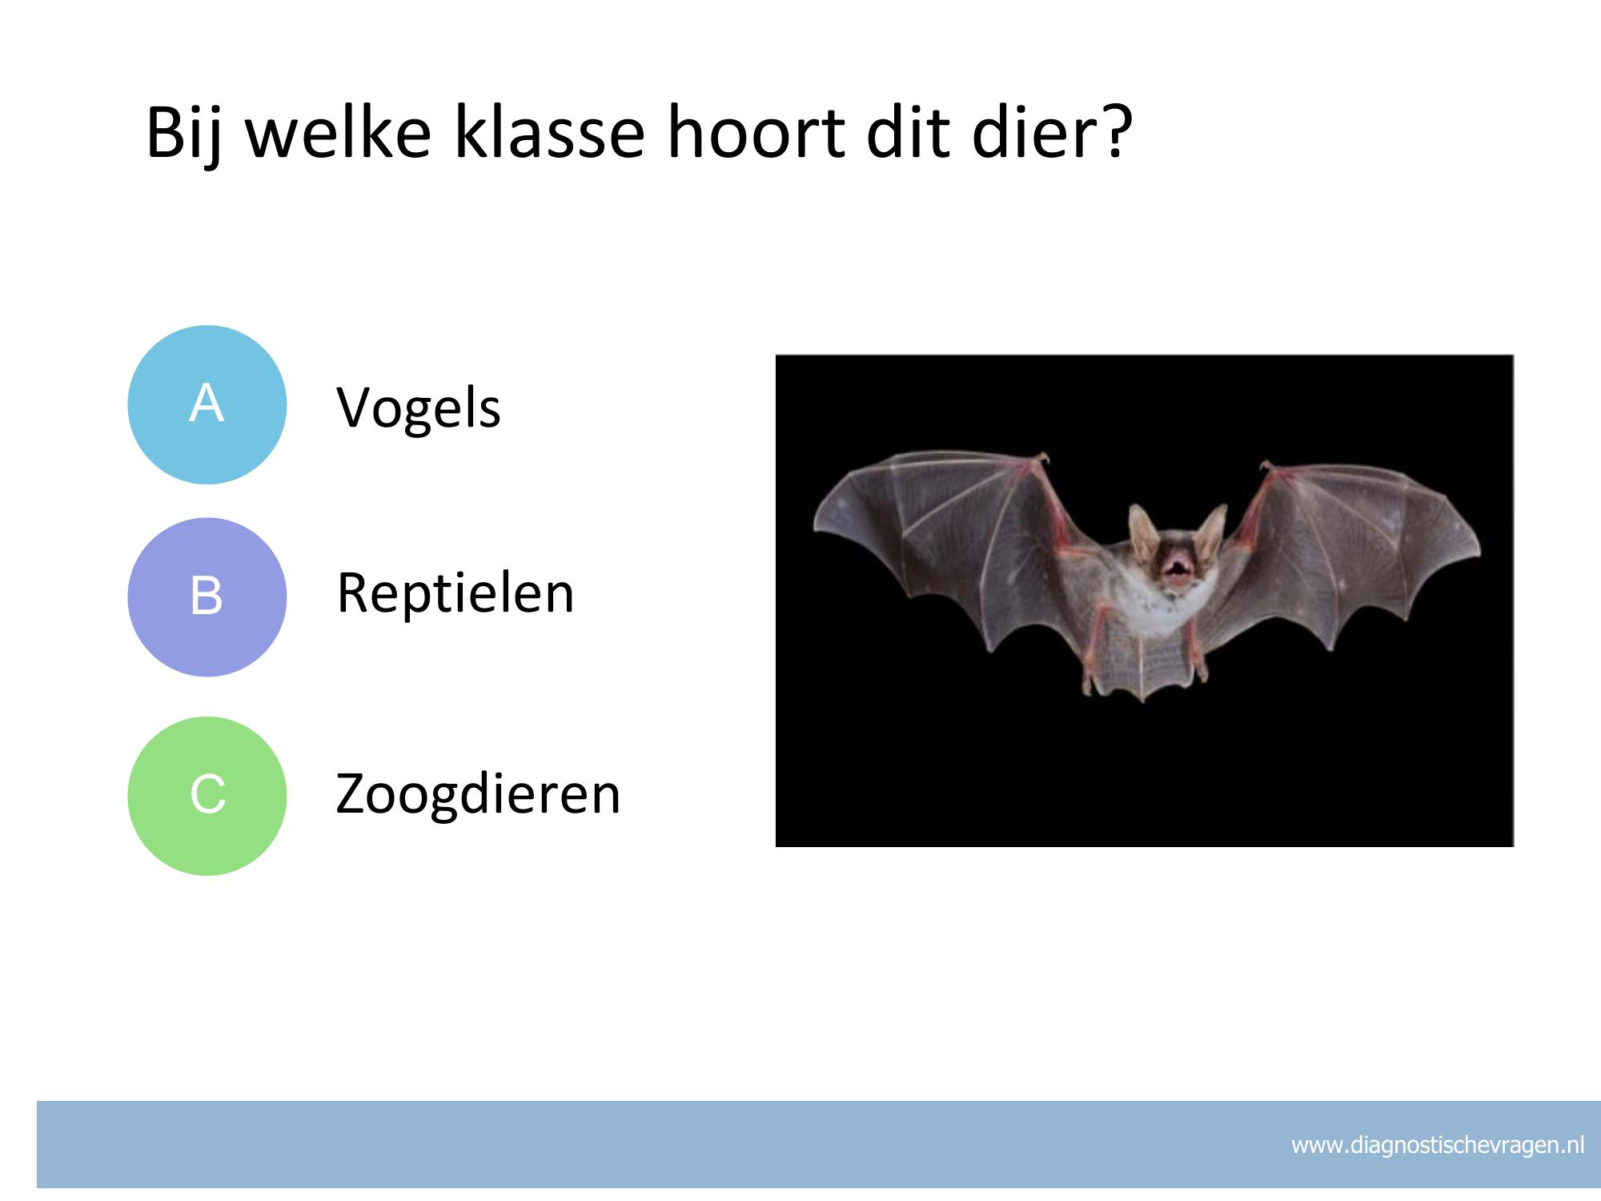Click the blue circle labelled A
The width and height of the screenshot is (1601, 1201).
(207, 404)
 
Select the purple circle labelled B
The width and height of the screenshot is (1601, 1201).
(207, 597)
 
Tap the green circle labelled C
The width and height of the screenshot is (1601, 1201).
(207, 796)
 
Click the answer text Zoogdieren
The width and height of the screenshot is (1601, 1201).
(478, 795)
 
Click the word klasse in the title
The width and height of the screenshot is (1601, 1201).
(549, 132)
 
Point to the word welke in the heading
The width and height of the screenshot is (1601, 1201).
(339, 132)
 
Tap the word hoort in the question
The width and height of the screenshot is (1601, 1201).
(756, 132)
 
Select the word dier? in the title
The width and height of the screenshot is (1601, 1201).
(1053, 132)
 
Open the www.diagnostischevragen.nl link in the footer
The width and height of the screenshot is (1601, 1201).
(1438, 1146)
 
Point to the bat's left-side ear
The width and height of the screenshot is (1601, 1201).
(1142, 528)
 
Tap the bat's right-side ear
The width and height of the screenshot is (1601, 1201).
(1210, 528)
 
